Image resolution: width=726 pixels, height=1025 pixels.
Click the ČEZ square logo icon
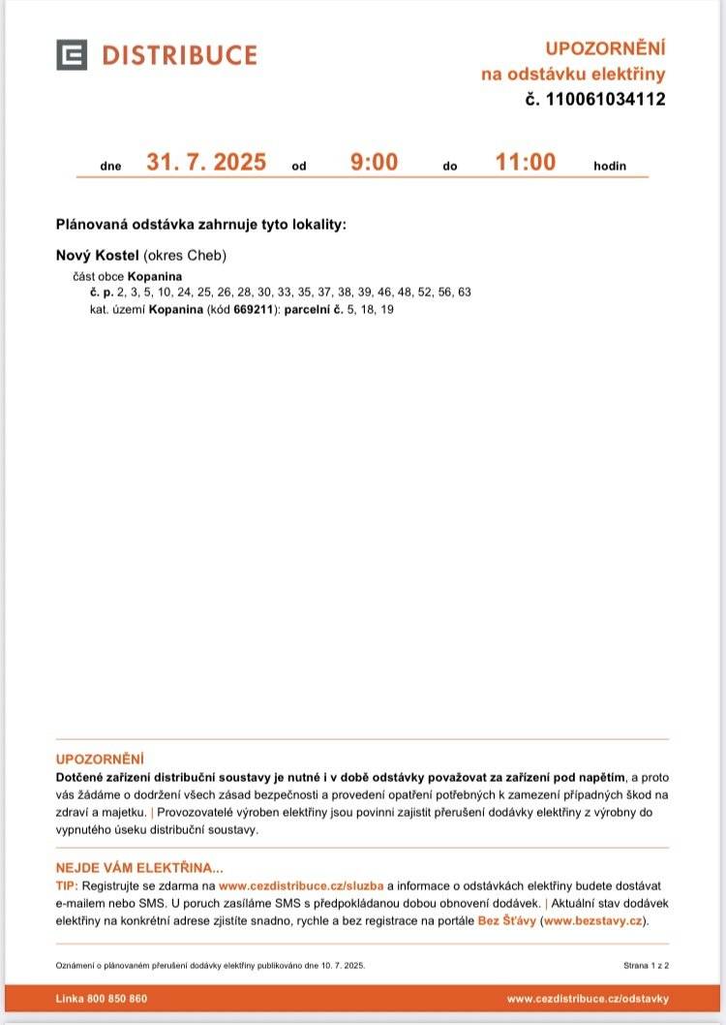(72, 55)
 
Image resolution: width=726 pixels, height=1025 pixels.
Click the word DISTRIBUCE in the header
(179, 55)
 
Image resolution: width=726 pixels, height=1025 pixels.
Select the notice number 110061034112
(606, 99)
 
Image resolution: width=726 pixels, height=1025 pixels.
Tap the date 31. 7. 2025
(206, 162)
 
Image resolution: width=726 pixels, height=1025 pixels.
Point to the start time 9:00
(374, 162)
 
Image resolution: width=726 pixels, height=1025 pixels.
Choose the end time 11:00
(526, 162)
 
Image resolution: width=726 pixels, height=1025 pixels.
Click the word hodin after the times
(610, 166)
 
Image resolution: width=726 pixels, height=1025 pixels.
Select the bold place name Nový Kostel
(98, 256)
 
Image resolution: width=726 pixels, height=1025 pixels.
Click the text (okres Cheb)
(185, 256)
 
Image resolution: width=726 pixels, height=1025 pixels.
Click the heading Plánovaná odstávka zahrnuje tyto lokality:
(200, 225)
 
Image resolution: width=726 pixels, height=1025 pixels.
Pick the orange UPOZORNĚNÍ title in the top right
(605, 48)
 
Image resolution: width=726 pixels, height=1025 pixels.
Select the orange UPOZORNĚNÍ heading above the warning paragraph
(100, 759)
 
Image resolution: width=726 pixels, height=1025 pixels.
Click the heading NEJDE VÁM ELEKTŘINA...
(139, 868)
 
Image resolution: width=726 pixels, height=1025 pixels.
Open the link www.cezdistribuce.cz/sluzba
(301, 885)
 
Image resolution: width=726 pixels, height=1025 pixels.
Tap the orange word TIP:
(67, 885)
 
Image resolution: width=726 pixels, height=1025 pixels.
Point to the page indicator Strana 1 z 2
(647, 966)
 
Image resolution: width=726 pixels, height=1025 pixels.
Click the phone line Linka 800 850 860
(102, 999)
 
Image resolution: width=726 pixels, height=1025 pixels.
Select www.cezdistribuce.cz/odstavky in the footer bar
(588, 999)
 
